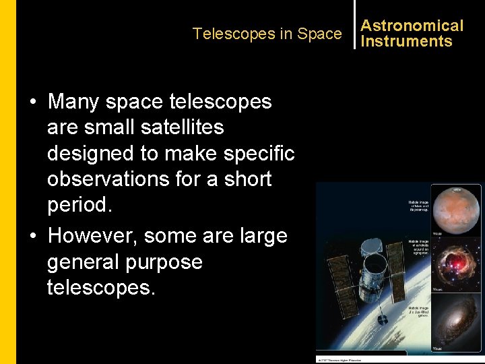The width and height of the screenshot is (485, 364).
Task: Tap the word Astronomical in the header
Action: [x=412, y=26]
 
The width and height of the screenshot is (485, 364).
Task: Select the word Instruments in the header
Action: [x=406, y=41]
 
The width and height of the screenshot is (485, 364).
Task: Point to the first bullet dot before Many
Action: [x=32, y=102]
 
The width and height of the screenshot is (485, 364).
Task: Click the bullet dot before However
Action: [x=32, y=236]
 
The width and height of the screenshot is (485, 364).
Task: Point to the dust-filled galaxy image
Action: [x=456, y=323]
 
